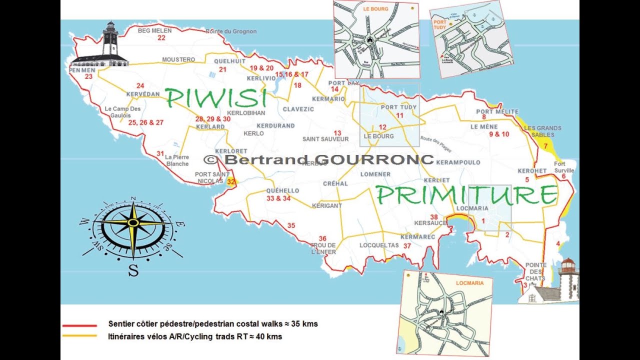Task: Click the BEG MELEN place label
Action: pyautogui.click(x=154, y=30)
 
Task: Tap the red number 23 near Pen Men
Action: pyautogui.click(x=89, y=77)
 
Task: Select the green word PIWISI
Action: pyautogui.click(x=215, y=98)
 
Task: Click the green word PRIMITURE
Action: pyautogui.click(x=466, y=195)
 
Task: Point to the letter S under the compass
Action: pyautogui.click(x=133, y=270)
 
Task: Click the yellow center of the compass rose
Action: pyautogui.click(x=133, y=223)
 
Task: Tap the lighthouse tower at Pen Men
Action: pyautogui.click(x=110, y=40)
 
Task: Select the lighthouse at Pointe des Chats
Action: pyautogui.click(x=567, y=277)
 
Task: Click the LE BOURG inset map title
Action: pyautogui.click(x=375, y=8)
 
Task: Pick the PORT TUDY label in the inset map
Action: pyautogui.click(x=439, y=25)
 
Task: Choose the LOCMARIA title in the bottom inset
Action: pyautogui.click(x=469, y=283)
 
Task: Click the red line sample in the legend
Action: pyautogui.click(x=79, y=325)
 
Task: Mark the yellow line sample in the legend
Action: pyautogui.click(x=79, y=335)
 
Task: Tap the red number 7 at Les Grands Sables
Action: pyautogui.click(x=545, y=145)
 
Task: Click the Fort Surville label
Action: pyautogui.click(x=564, y=167)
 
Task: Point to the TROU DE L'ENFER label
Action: pyautogui.click(x=323, y=248)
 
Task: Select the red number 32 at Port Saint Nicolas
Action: pyautogui.click(x=230, y=182)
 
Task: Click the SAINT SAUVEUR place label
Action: pyautogui.click(x=325, y=139)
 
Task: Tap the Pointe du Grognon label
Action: pyautogui.click(x=231, y=31)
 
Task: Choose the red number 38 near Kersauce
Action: pyautogui.click(x=434, y=216)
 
